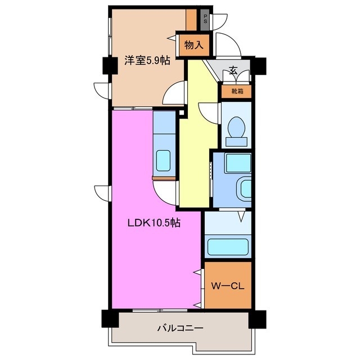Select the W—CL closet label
pos(227,286)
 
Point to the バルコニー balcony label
pos(180,327)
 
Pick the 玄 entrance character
pos(233,71)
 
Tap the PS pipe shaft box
pos(205,18)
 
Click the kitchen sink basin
pos(164,160)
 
